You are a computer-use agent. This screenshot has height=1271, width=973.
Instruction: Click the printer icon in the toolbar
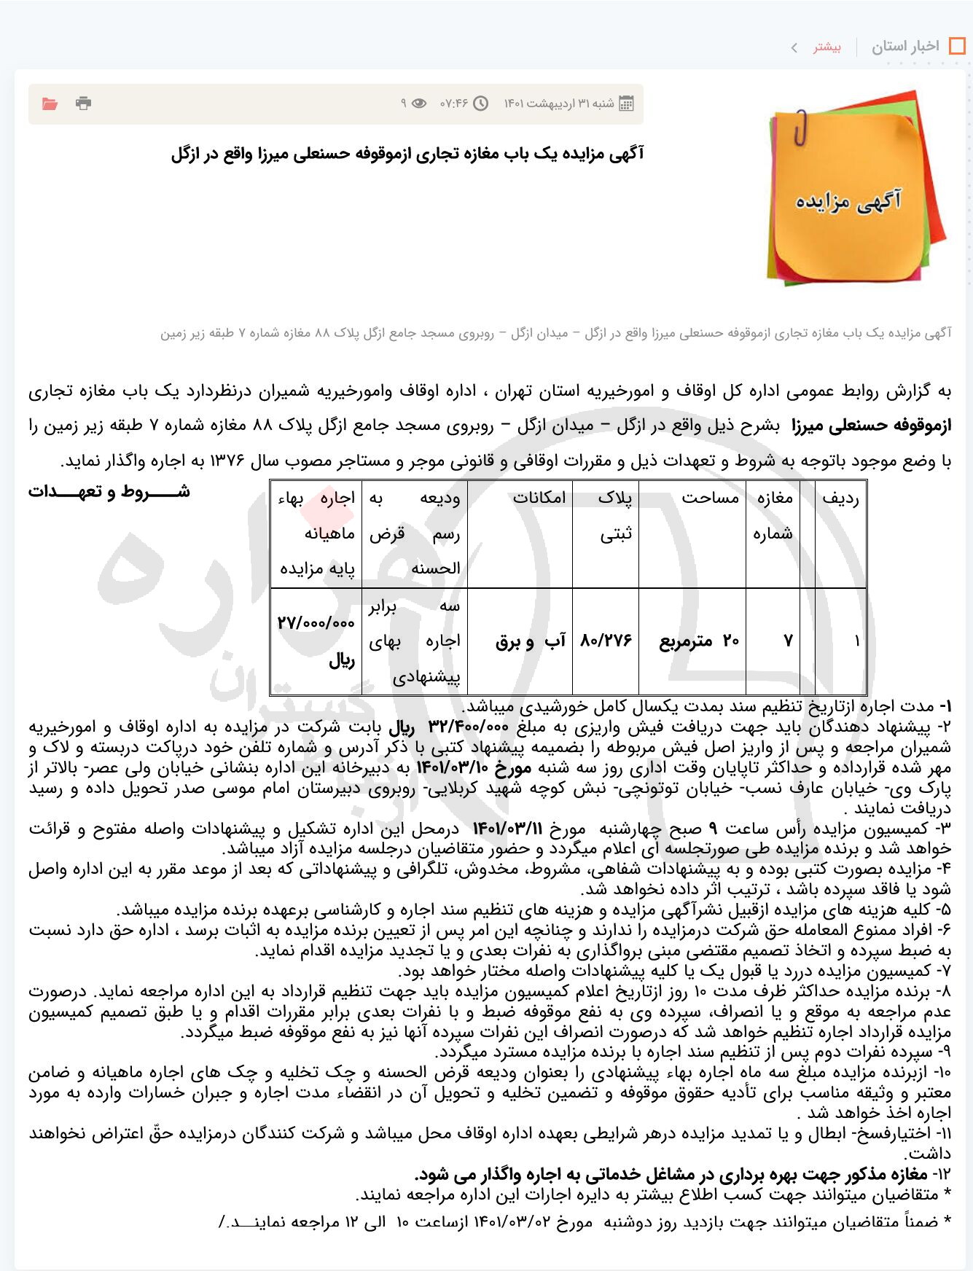tap(84, 103)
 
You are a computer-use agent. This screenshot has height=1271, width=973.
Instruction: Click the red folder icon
tap(50, 103)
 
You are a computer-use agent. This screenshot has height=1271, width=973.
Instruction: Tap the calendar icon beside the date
tap(626, 103)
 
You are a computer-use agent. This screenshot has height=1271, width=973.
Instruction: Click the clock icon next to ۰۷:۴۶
tap(481, 103)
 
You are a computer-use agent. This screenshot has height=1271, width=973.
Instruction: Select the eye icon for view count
tap(419, 103)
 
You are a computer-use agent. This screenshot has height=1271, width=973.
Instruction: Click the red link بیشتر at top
tap(827, 47)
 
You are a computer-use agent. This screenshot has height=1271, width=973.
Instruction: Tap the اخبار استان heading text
tap(905, 47)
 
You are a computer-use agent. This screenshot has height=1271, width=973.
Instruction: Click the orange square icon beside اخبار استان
tap(957, 47)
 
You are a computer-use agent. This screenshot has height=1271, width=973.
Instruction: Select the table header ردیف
tap(840, 498)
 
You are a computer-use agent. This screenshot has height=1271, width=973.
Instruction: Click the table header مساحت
tap(710, 498)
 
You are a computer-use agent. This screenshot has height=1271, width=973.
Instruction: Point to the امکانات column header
tap(539, 498)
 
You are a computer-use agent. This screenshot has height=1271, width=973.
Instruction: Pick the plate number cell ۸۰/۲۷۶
tap(606, 641)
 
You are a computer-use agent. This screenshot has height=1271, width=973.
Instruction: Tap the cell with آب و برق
tap(531, 641)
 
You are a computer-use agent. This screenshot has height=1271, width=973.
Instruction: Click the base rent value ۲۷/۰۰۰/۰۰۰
tap(316, 623)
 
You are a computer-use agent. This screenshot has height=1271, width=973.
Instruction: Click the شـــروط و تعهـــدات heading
tap(109, 492)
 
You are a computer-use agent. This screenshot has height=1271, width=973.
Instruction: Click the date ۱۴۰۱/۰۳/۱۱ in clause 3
tap(508, 829)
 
